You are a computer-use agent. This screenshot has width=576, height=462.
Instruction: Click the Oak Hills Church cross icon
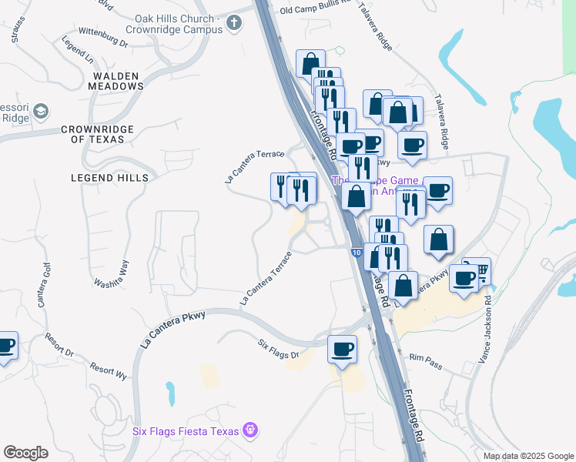pos(235,24)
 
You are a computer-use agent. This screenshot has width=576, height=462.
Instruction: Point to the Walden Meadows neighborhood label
pos(118,81)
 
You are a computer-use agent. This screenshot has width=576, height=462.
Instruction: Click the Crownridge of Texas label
pos(98,134)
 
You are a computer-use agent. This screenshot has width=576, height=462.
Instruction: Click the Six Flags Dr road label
pos(277,347)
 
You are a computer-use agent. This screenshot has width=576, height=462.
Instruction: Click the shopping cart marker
pos(478,269)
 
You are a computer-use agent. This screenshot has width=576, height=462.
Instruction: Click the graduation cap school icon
pos(40,113)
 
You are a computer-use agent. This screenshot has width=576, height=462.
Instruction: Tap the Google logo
pos(25,453)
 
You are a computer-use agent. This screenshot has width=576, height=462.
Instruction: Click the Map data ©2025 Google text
pos(527,456)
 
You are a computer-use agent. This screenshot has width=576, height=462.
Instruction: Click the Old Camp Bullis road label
pos(316,10)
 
